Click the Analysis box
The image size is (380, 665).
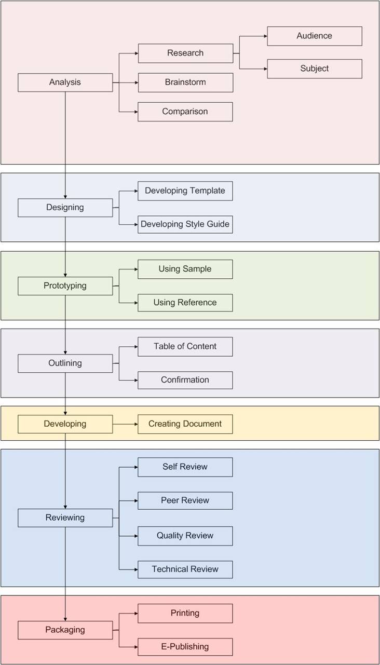coord(65,83)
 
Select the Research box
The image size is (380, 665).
coord(185,53)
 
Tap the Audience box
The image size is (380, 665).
coord(315,36)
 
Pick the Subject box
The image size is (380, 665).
coord(315,69)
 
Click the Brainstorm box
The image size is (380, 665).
coord(185,83)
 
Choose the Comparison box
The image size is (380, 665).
coord(185,112)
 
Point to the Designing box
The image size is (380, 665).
coord(65,208)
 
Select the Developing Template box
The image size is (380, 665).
coord(185,191)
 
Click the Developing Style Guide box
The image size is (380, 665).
coord(185,225)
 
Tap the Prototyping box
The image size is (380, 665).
coord(65,286)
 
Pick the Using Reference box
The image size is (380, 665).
coord(185,303)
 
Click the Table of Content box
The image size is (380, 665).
coord(185,347)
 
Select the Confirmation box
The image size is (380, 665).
coord(185,380)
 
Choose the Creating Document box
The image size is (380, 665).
coord(185,424)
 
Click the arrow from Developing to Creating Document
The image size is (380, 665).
coord(125,424)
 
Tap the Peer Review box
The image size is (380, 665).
coord(185,501)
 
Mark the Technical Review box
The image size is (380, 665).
coord(185,569)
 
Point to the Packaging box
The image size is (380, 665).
coord(65,630)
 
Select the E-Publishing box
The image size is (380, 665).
coord(185,647)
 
